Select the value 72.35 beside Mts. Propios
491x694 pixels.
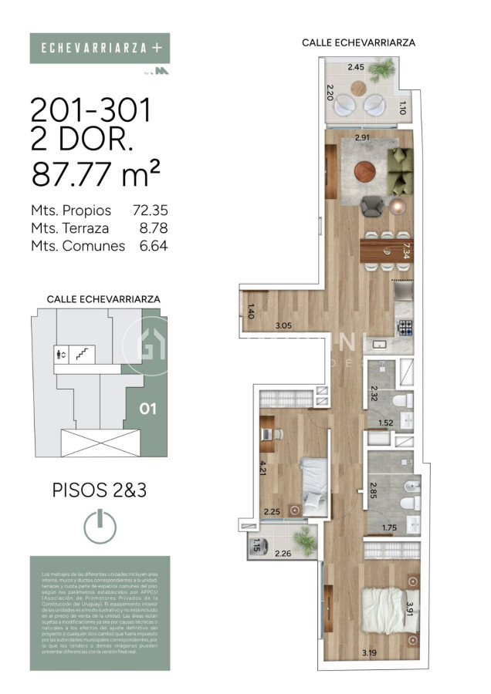pyautogui.click(x=150, y=210)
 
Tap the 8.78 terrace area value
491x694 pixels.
pyautogui.click(x=153, y=227)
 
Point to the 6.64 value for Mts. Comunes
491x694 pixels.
pyautogui.click(x=153, y=246)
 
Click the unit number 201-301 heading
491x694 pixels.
pyautogui.click(x=90, y=112)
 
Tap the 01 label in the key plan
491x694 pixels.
pyautogui.click(x=147, y=409)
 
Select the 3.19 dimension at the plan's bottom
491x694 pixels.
pyautogui.click(x=371, y=655)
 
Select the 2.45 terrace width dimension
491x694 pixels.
pyautogui.click(x=356, y=67)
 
